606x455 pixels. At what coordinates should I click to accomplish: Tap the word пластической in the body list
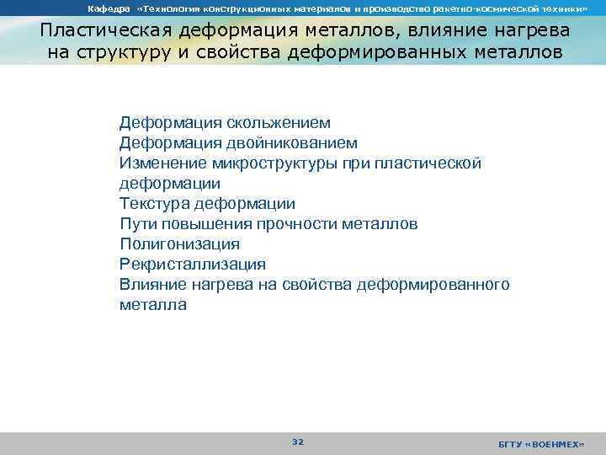(425, 163)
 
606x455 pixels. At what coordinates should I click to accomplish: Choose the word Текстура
(154, 204)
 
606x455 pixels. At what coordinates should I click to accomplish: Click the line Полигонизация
(179, 244)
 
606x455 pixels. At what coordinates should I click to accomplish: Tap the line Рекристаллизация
(193, 265)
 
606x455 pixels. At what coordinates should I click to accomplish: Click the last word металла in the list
(153, 305)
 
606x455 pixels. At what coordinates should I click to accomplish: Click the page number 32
(297, 442)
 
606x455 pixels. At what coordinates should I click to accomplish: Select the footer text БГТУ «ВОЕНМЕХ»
(540, 443)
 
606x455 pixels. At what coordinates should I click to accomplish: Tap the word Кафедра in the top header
(107, 8)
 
